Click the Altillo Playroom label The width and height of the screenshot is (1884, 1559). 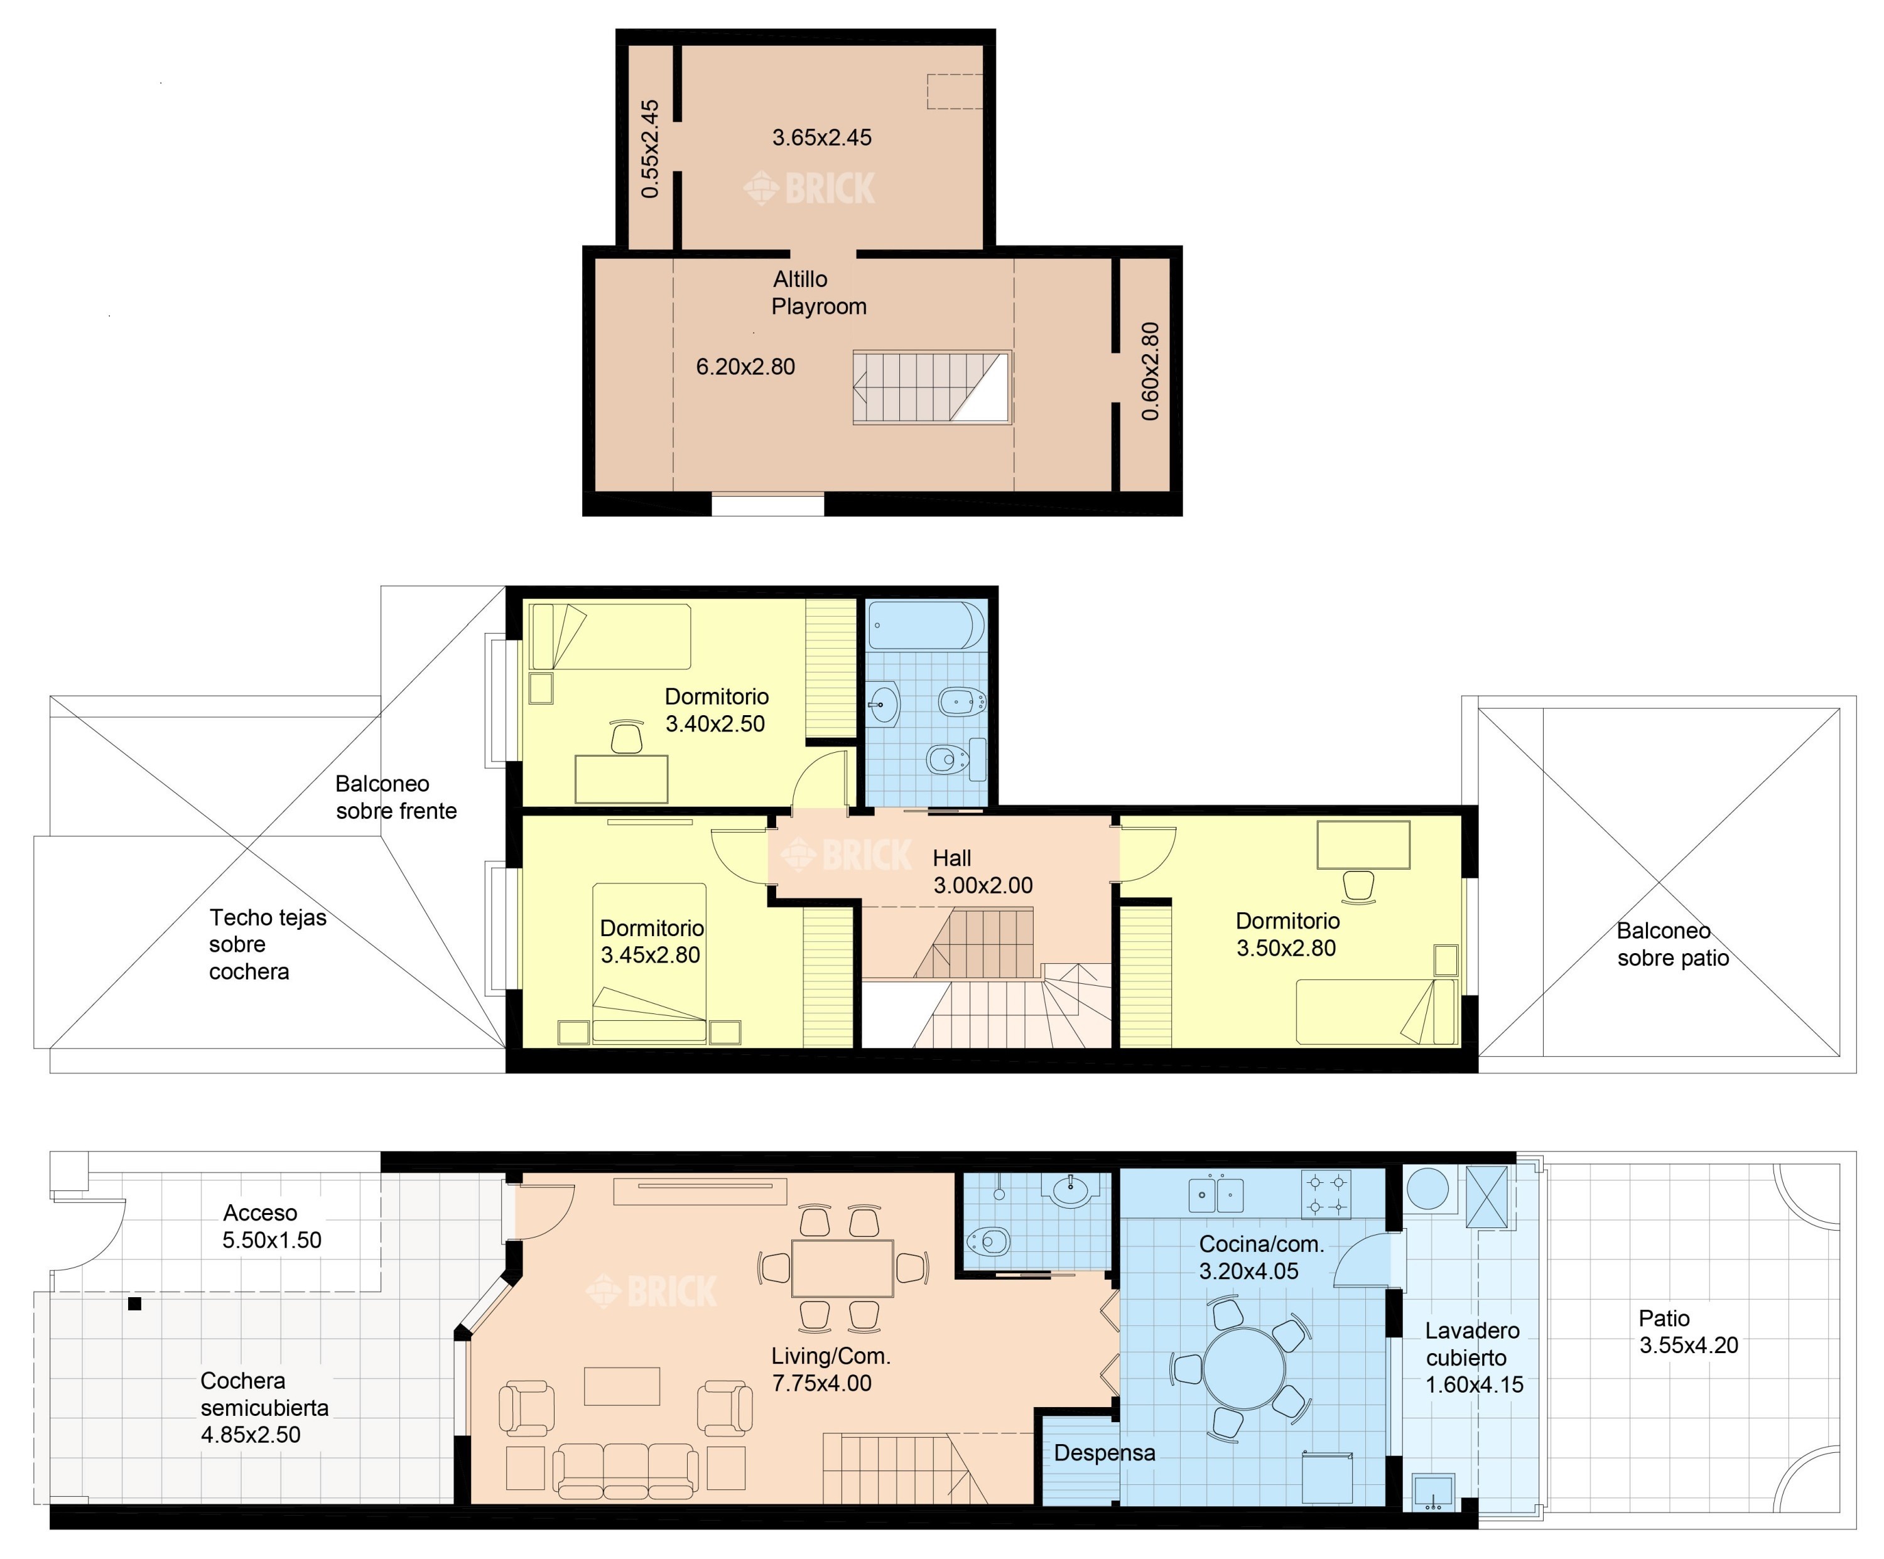coord(819,293)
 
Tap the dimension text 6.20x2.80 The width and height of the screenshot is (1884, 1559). coord(745,367)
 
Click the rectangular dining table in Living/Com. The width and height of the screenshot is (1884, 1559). coord(842,1268)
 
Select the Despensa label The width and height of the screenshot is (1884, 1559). coord(1105,1453)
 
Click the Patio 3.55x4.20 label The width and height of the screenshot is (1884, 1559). coord(1689,1332)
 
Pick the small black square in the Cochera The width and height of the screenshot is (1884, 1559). coord(134,1304)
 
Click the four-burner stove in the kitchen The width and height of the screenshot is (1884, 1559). coord(1326,1195)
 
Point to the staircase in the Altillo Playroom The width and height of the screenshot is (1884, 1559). coord(932,387)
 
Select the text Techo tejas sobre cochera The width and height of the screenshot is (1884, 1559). coord(268,944)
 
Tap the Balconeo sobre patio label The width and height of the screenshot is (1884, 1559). coord(1672,944)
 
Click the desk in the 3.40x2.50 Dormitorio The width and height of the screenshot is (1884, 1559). coord(621,779)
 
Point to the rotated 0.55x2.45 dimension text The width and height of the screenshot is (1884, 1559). coord(651,149)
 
